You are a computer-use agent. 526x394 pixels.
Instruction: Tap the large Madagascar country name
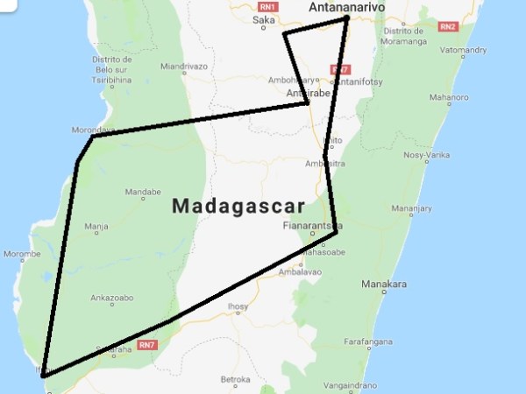(238, 207)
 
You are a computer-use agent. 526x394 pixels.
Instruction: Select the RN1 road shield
(267, 7)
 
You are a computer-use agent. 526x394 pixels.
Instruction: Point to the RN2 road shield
(447, 26)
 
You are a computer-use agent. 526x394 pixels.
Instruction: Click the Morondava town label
(91, 130)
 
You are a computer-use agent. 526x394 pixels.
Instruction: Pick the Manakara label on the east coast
(385, 285)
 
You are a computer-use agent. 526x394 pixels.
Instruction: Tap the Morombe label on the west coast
(22, 255)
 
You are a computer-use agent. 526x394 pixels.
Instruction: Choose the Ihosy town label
(238, 306)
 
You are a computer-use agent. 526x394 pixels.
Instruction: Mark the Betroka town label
(236, 379)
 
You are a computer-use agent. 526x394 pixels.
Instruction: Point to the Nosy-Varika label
(426, 155)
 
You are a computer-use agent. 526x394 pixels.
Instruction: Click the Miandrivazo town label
(183, 66)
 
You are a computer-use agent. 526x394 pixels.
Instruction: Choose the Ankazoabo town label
(112, 298)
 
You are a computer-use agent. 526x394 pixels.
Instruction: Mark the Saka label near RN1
(264, 19)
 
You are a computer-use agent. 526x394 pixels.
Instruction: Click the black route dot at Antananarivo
(346, 18)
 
